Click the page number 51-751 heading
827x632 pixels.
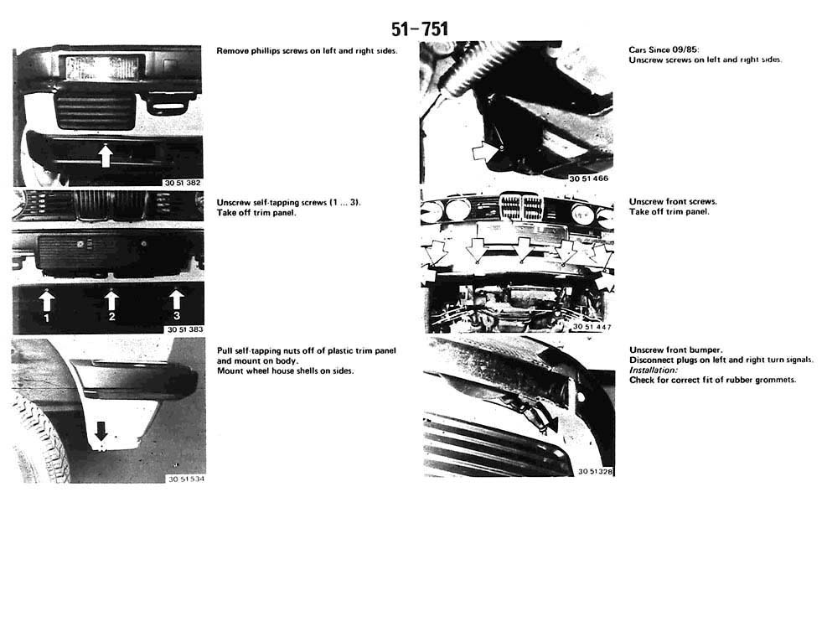[419, 29]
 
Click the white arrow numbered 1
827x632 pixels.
[46, 300]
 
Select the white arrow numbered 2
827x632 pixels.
[111, 300]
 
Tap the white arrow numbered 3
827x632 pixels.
[176, 299]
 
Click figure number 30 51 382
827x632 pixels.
[183, 183]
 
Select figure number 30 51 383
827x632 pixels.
[185, 329]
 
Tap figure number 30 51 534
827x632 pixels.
[186, 479]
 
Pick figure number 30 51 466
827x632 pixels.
[588, 179]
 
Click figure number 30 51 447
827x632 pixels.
[592, 327]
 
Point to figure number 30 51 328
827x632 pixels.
[596, 471]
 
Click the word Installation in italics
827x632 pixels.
[653, 370]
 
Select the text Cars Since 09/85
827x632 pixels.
[664, 49]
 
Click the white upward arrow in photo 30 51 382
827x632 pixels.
[106, 156]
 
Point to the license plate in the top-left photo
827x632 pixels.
[101, 68]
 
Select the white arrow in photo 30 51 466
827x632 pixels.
[485, 153]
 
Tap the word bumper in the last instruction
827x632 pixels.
[706, 350]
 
